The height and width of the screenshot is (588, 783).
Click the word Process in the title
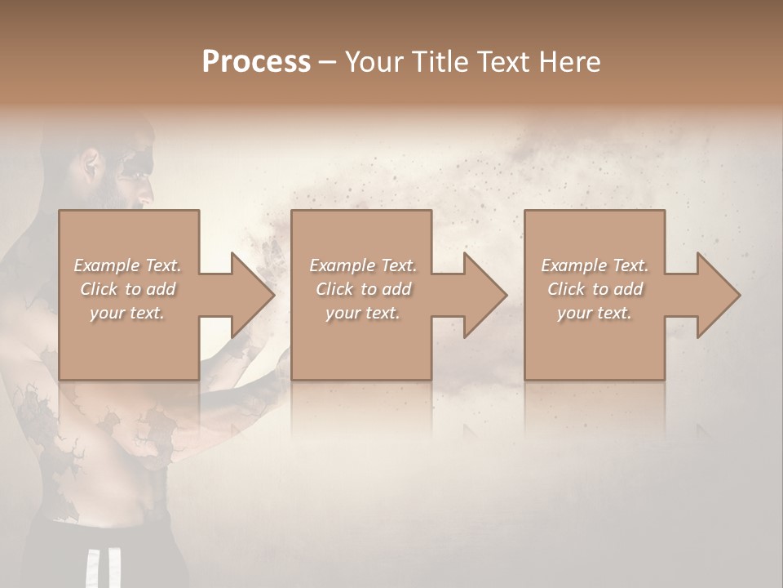click(256, 62)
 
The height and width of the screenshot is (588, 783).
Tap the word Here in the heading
click(568, 62)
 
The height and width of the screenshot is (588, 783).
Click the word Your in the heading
click(376, 62)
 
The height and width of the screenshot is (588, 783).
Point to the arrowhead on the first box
click(250, 295)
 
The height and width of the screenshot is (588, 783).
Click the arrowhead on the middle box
click(482, 295)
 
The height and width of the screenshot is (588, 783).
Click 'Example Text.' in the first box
click(127, 265)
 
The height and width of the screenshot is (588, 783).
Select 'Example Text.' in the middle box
click(363, 265)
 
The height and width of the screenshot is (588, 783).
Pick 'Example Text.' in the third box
click(595, 265)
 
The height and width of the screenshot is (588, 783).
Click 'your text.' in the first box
click(127, 313)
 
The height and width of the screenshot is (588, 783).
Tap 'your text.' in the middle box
click(363, 313)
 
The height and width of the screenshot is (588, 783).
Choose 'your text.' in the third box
click(595, 313)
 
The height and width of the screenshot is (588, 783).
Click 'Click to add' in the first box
click(127, 289)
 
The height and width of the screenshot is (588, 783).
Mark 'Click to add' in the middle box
click(363, 289)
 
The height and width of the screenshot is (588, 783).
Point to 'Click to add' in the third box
click(595, 289)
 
